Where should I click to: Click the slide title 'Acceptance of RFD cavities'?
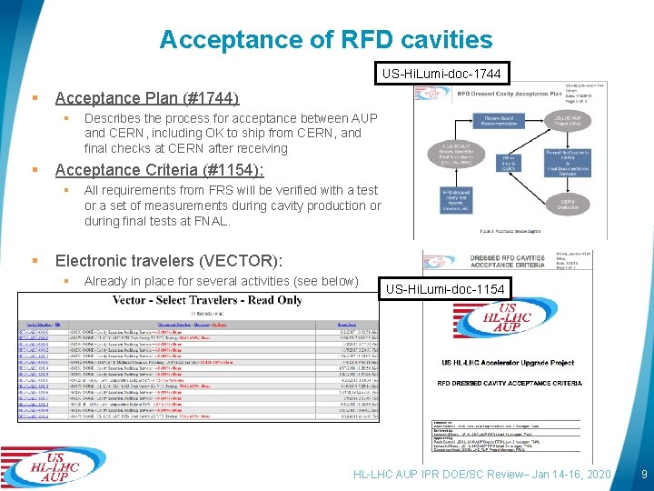(x=326, y=39)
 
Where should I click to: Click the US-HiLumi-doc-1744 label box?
(x=441, y=72)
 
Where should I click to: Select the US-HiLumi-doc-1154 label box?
(x=445, y=290)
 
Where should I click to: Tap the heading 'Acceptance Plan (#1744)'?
(x=147, y=98)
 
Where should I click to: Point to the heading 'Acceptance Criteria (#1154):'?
(x=160, y=170)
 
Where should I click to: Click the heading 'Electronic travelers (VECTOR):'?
(x=170, y=261)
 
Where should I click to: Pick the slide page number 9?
(x=643, y=474)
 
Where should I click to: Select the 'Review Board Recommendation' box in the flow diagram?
(x=499, y=122)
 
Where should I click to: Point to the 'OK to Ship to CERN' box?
(x=509, y=162)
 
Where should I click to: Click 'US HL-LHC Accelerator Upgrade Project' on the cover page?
(x=516, y=363)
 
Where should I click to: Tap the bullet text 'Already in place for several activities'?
(x=221, y=281)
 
